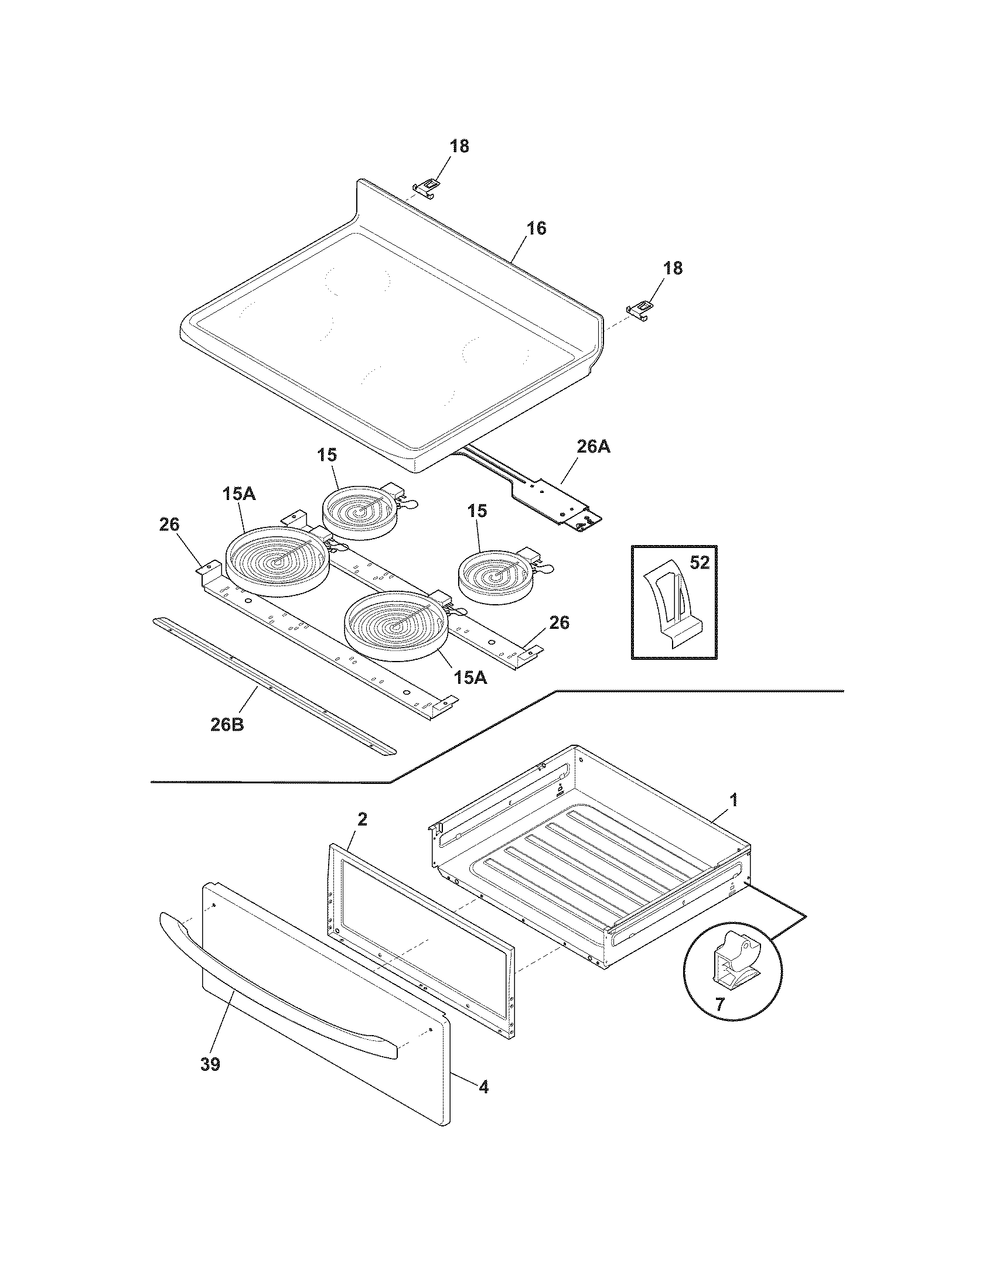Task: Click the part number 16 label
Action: coord(535,228)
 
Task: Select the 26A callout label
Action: coord(593,447)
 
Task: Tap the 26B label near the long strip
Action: coord(227,724)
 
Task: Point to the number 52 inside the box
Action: coord(699,563)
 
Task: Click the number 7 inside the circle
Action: coord(719,1004)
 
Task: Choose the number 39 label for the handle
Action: coord(210,1064)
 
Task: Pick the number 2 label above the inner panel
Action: coord(362,818)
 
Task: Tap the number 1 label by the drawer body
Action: coord(734,800)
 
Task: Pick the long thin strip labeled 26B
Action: coord(274,687)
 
